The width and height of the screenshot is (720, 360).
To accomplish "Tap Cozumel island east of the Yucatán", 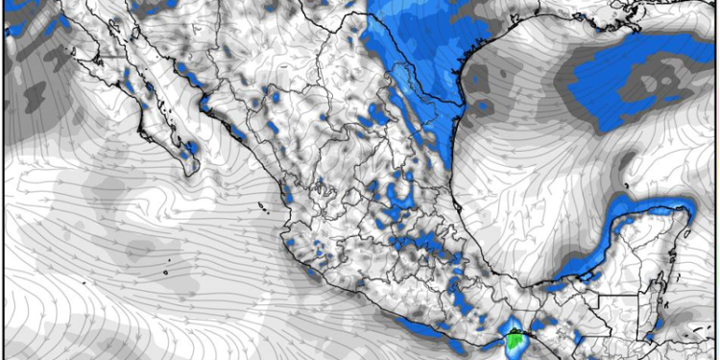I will (x=687, y=233).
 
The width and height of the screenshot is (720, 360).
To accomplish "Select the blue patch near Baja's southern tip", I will (x=190, y=150).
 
